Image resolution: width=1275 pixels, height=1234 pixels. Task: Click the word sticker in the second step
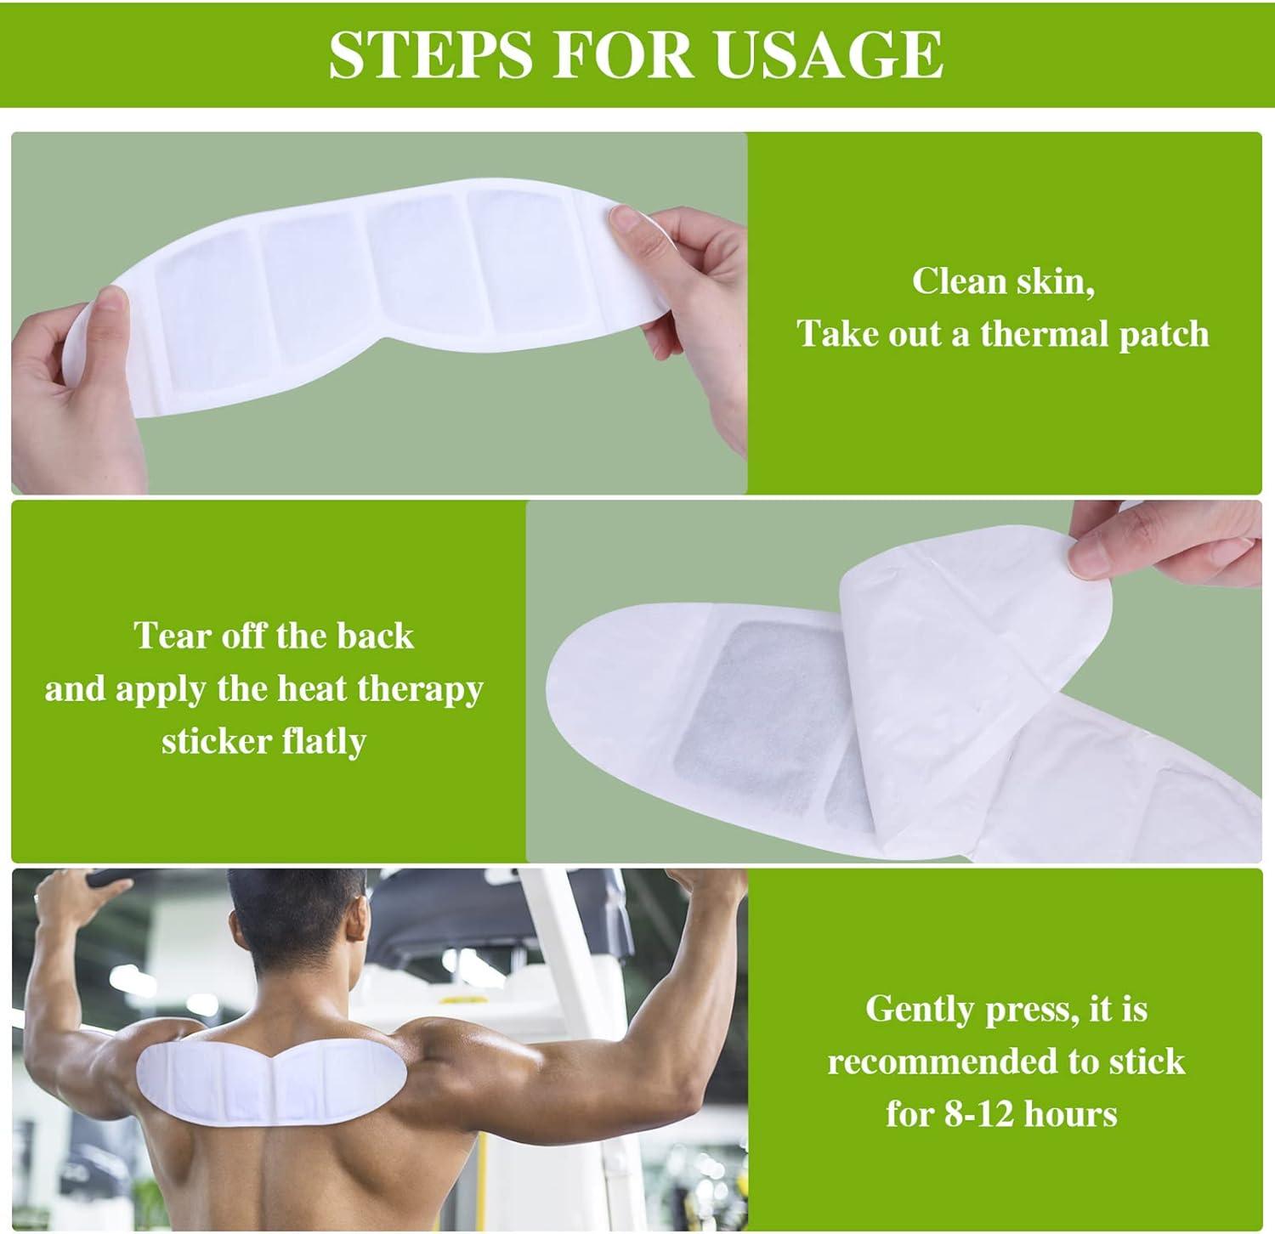[213, 741]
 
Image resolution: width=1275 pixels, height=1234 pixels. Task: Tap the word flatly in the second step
[324, 741]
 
